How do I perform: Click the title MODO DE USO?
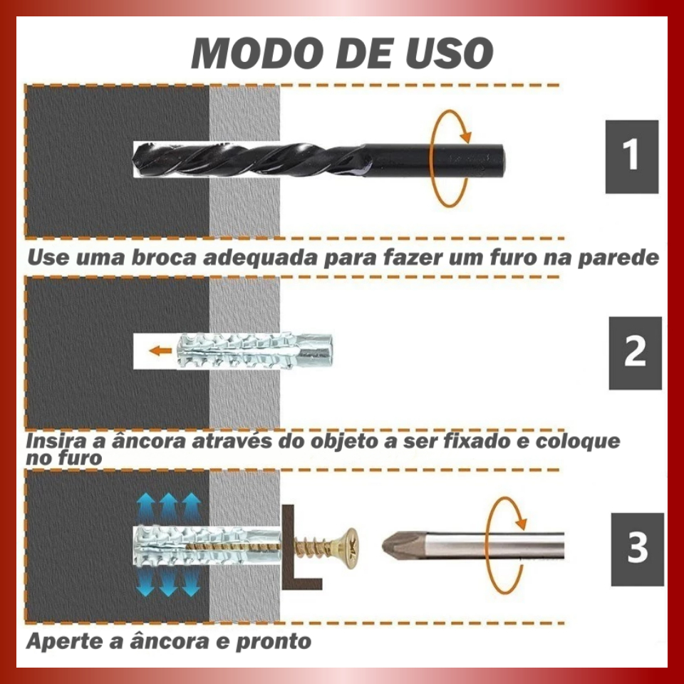click(342, 53)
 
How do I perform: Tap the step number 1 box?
click(632, 157)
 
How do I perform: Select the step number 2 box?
click(635, 353)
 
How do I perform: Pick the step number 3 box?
click(637, 549)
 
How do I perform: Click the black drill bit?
click(318, 160)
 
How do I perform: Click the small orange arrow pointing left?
click(160, 351)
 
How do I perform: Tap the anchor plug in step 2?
click(255, 351)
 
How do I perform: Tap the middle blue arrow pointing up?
click(168, 507)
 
